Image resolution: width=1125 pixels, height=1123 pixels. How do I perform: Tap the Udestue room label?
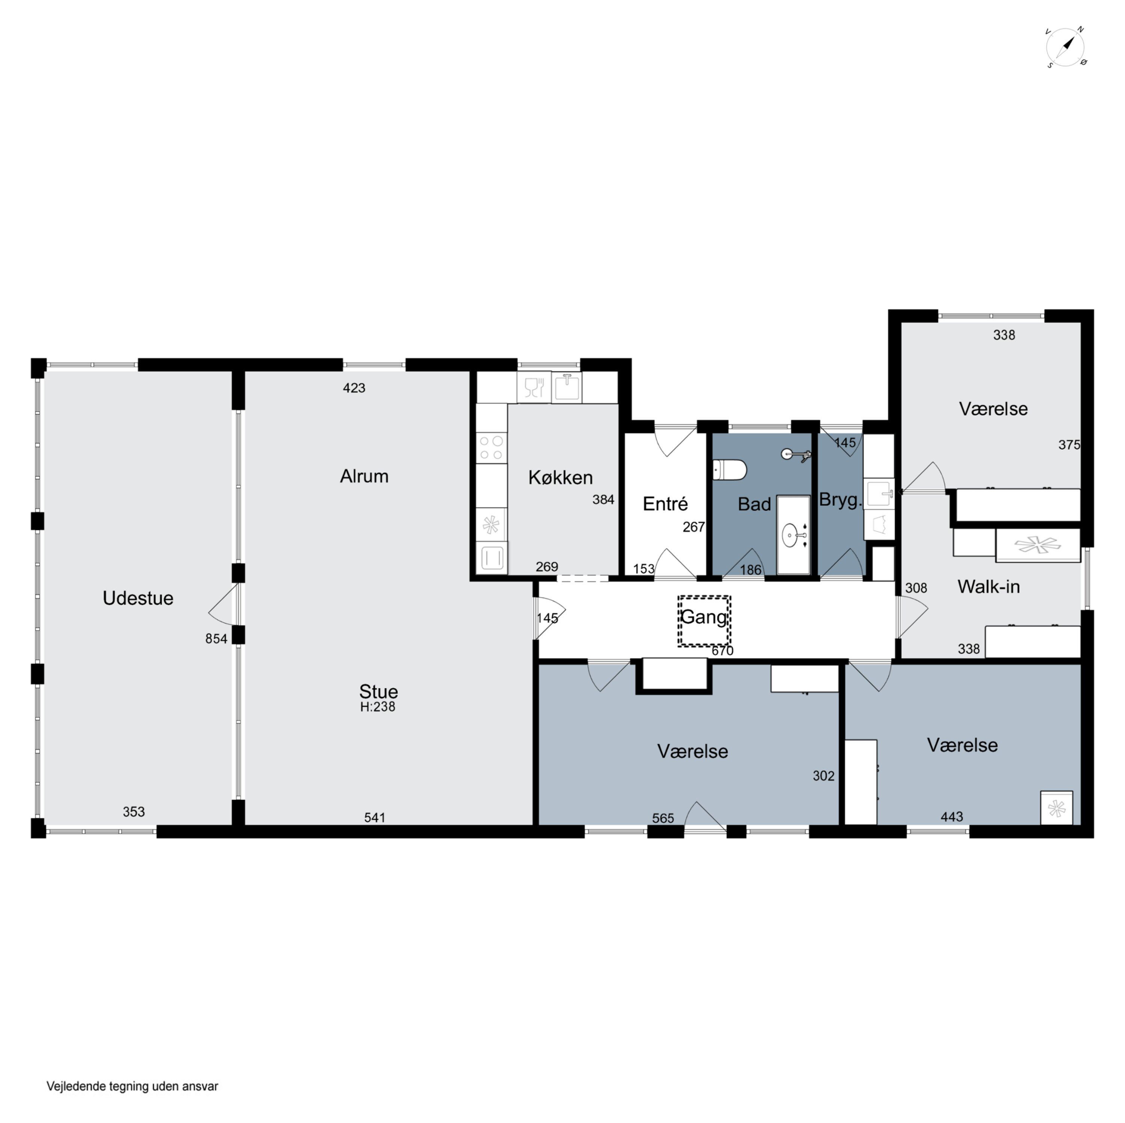click(138, 599)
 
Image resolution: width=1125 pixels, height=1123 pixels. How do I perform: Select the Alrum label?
click(364, 476)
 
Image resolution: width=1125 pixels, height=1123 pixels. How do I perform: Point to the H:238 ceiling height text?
click(377, 707)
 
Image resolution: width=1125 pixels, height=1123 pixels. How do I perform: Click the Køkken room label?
click(560, 478)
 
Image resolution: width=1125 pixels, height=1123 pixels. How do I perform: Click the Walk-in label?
click(989, 587)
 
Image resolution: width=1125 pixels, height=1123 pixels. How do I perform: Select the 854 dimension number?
click(216, 639)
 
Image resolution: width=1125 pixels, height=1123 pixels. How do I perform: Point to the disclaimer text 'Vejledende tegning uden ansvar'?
click(132, 1086)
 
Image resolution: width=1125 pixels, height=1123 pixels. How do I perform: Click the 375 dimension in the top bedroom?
click(1069, 445)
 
